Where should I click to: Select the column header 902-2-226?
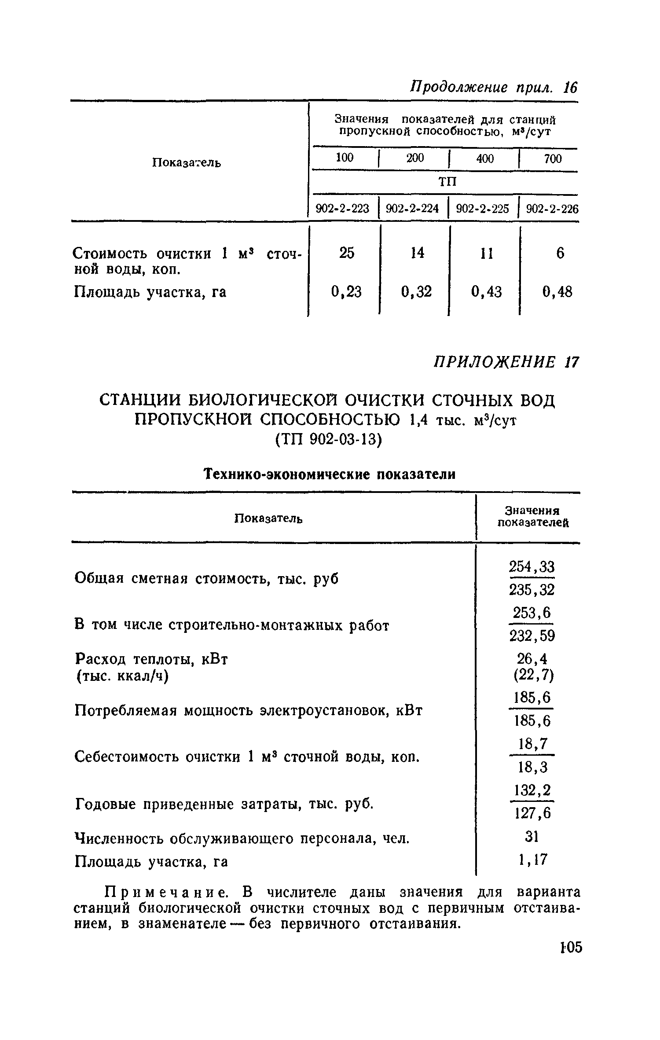pyautogui.click(x=552, y=209)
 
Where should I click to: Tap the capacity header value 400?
pyautogui.click(x=485, y=158)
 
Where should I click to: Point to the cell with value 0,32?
pyautogui.click(x=416, y=291)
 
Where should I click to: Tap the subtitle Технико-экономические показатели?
pyautogui.click(x=329, y=474)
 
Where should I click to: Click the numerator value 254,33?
pyautogui.click(x=532, y=566)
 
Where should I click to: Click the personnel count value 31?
pyautogui.click(x=532, y=836)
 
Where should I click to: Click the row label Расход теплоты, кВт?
pyautogui.click(x=151, y=659)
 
